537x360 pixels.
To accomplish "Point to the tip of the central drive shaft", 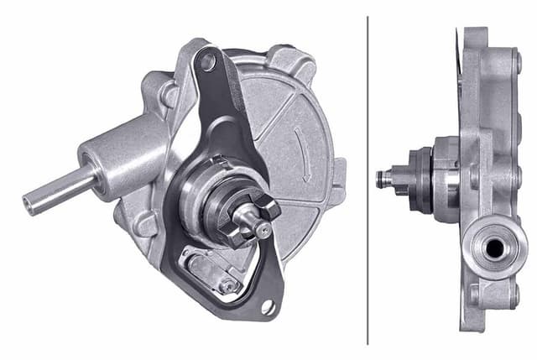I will (x=263, y=229).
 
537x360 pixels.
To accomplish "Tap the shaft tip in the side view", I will (x=383, y=177).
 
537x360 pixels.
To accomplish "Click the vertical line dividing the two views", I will (x=368, y=180).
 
